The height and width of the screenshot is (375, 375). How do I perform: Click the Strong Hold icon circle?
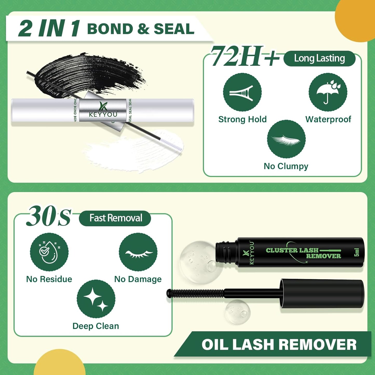coord(242,92)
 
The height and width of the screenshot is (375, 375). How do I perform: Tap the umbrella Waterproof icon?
coord(328,92)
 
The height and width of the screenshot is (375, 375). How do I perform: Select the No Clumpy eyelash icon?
coord(286,139)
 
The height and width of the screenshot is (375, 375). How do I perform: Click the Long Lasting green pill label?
coord(319,59)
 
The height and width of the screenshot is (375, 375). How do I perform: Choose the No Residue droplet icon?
coord(49,252)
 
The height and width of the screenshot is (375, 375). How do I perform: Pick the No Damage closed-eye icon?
coord(138,252)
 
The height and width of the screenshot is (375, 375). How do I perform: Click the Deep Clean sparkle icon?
coord(96,299)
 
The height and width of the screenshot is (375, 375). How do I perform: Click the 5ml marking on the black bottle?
coord(357,252)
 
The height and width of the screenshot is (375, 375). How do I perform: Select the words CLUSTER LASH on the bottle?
coord(292,250)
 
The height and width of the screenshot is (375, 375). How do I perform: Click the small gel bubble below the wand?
coord(237,311)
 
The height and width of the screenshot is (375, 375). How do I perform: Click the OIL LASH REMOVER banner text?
coord(279,345)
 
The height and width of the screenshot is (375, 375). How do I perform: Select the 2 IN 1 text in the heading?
coord(49,29)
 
